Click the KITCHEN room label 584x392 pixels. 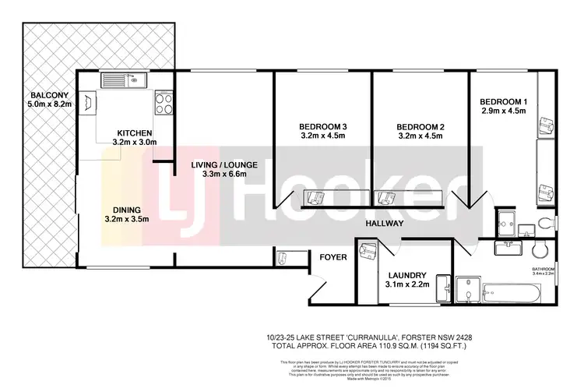[x=134, y=132]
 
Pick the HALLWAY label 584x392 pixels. [x=385, y=224]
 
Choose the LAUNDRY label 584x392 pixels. [x=405, y=275]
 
